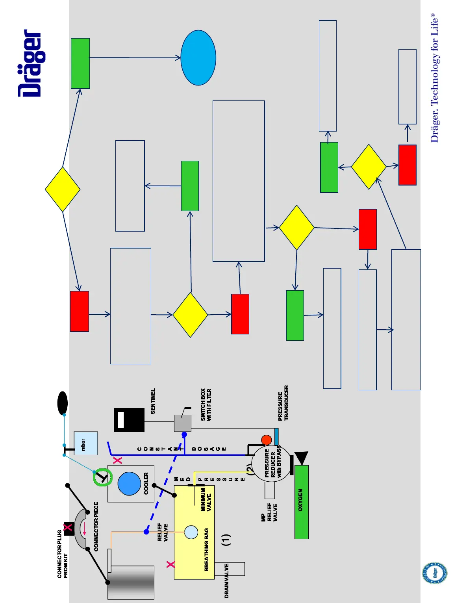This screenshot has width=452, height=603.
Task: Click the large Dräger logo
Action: click(x=30, y=63)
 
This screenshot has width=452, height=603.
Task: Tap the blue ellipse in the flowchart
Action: click(x=198, y=58)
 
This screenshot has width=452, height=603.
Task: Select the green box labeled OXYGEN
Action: click(x=301, y=501)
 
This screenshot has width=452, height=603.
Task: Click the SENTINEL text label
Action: click(x=153, y=401)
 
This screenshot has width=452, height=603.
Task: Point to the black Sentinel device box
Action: click(x=129, y=420)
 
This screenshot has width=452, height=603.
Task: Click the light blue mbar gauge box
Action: click(x=85, y=443)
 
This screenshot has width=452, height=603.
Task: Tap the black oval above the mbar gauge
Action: click(x=62, y=403)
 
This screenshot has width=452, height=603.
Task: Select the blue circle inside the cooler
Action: click(x=129, y=483)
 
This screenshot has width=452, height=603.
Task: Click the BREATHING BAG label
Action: click(x=207, y=549)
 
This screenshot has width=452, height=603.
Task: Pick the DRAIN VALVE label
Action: click(x=226, y=581)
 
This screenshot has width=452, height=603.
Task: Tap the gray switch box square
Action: click(x=183, y=423)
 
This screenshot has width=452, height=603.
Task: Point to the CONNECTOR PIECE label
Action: click(x=96, y=526)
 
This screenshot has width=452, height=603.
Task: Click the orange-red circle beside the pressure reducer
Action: click(x=267, y=440)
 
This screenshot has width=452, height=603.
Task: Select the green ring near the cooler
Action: click(x=103, y=477)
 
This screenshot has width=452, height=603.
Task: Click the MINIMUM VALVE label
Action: click(x=206, y=500)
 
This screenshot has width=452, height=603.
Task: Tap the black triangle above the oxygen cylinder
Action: click(x=301, y=458)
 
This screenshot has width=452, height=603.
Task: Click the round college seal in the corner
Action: click(x=435, y=573)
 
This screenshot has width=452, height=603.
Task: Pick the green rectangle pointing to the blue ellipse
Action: click(x=80, y=63)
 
